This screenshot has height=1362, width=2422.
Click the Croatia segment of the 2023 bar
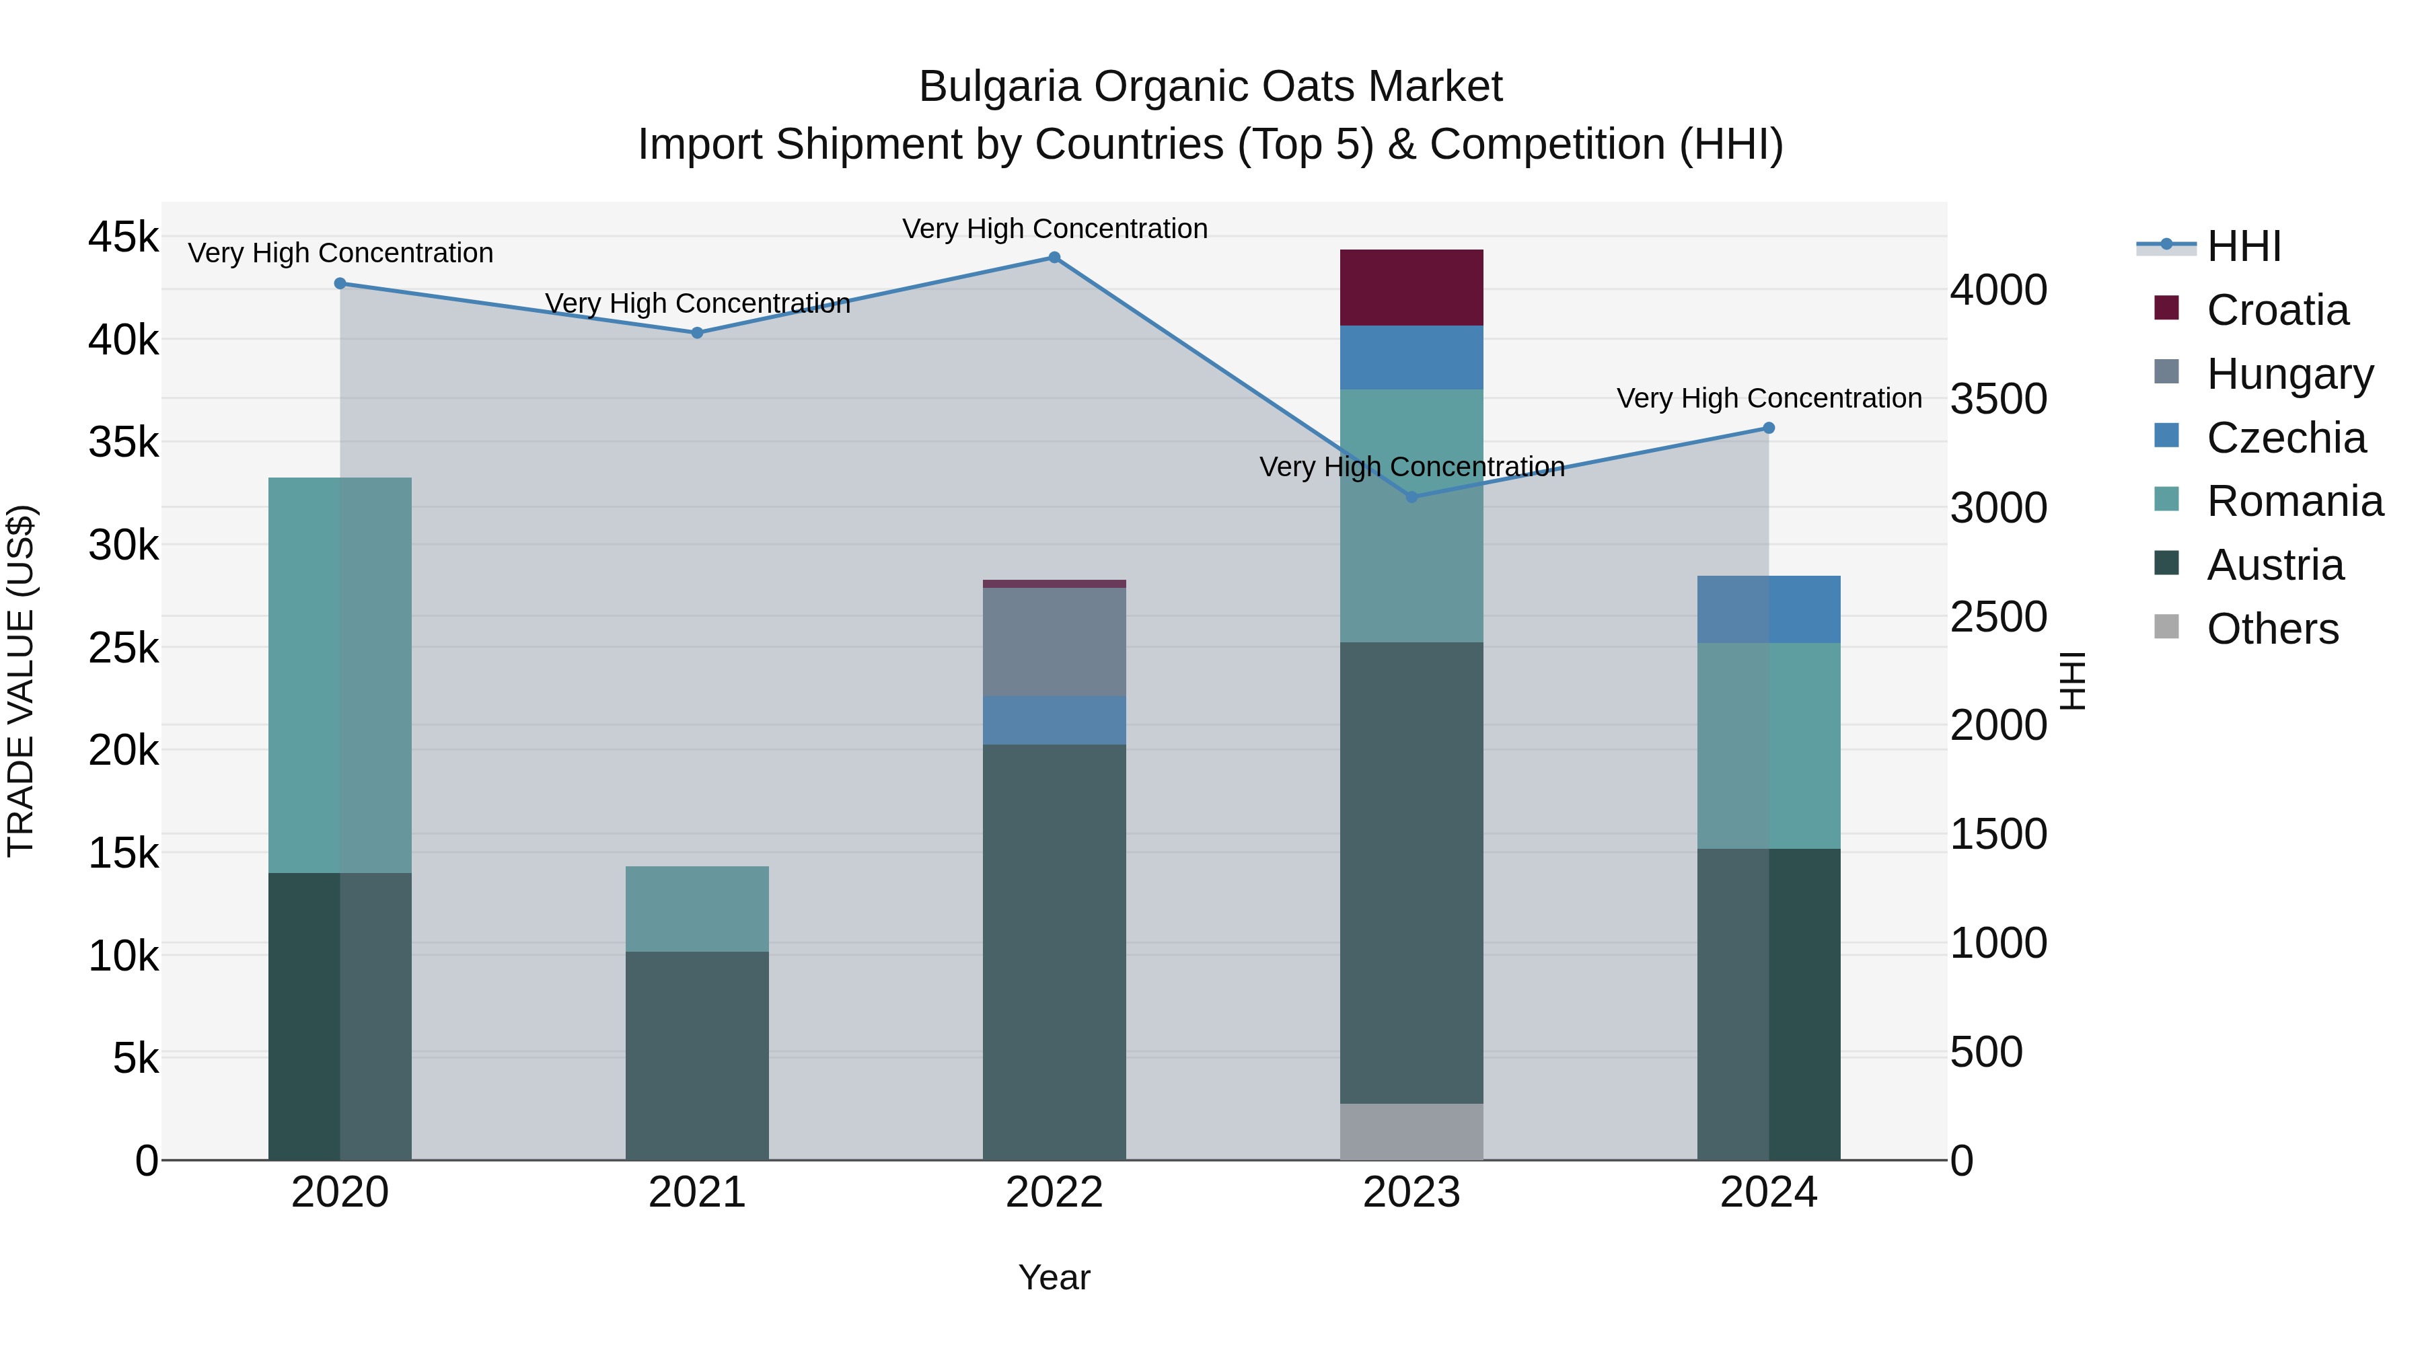[x=1411, y=288]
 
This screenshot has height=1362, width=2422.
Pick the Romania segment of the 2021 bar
[x=697, y=908]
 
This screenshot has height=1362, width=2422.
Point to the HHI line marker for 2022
[x=1054, y=258]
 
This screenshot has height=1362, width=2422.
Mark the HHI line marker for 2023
[x=1411, y=496]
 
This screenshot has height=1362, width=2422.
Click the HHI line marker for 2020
[x=340, y=283]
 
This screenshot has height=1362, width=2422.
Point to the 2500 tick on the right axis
[x=1998, y=617]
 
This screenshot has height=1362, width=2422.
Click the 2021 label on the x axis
[x=697, y=1193]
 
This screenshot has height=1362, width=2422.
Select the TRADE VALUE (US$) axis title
[x=22, y=681]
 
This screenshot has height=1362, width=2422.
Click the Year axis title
[x=1054, y=1277]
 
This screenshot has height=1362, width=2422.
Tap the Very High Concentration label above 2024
[x=1769, y=399]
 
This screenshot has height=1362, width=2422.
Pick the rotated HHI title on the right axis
[x=2071, y=681]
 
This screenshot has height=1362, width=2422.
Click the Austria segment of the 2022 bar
[x=1054, y=951]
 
